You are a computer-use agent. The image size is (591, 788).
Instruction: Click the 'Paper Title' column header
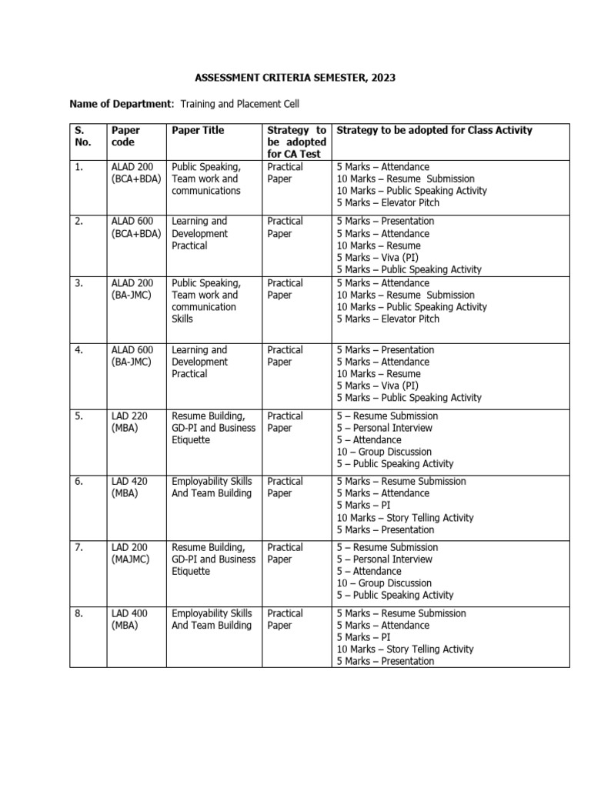click(x=198, y=131)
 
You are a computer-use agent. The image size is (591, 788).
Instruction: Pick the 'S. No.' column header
click(x=83, y=136)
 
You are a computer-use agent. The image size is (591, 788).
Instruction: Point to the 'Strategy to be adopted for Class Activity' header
click(x=434, y=131)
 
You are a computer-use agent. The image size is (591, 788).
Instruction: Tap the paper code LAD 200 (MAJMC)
click(x=130, y=553)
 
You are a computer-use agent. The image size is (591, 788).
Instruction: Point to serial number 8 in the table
click(x=79, y=614)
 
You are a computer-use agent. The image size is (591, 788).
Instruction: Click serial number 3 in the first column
click(x=79, y=283)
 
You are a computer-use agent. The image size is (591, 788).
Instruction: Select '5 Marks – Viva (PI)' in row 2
click(x=377, y=258)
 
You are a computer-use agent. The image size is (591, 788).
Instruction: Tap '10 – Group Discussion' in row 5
click(x=384, y=452)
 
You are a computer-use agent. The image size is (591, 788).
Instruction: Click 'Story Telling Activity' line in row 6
click(x=405, y=518)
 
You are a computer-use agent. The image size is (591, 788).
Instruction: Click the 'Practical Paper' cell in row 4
click(x=285, y=356)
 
